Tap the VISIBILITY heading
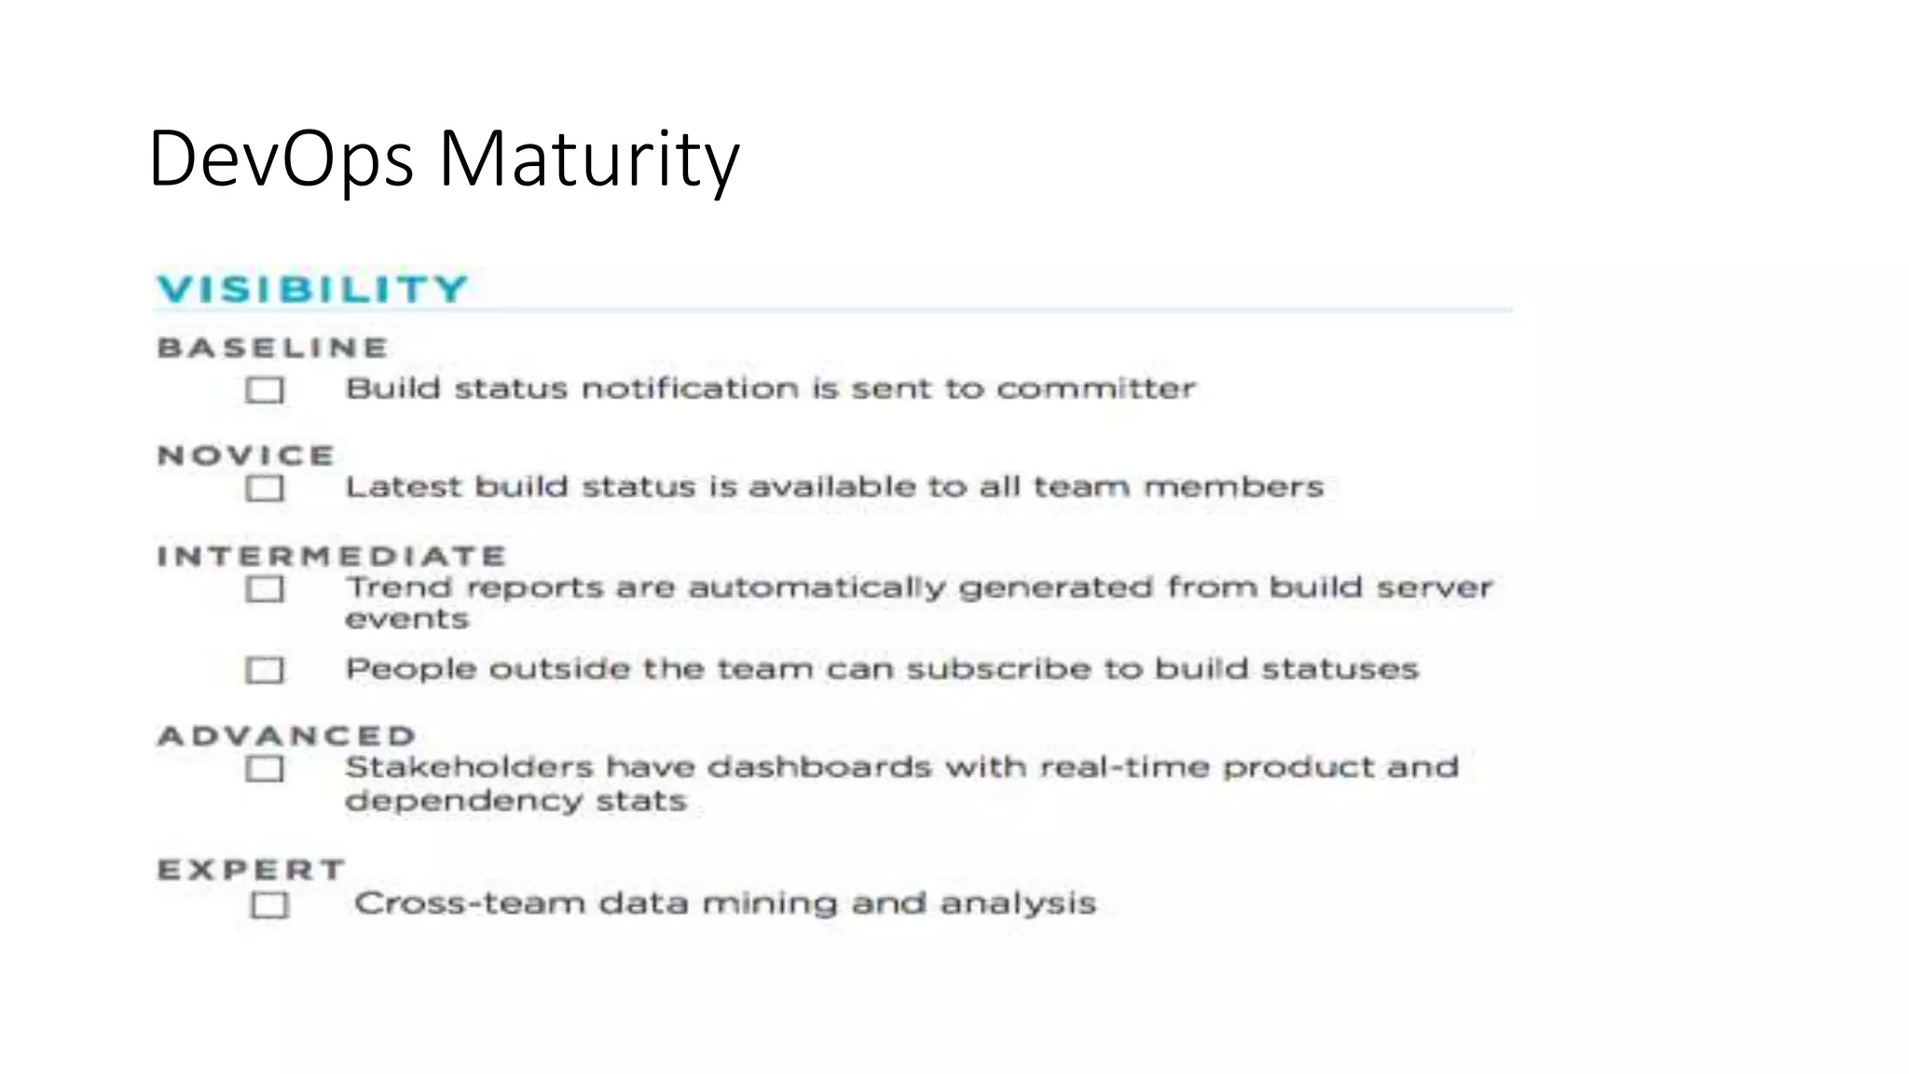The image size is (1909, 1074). (312, 289)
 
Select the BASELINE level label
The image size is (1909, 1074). (272, 348)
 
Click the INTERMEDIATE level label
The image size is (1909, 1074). (332, 557)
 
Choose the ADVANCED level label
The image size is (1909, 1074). (287, 736)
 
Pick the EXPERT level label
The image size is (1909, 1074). (252, 870)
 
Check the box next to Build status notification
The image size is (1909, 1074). (265, 390)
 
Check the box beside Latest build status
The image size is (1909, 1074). (265, 489)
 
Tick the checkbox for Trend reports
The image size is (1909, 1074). (265, 589)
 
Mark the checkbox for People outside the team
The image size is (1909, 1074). (265, 670)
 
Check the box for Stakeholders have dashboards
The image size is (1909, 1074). (265, 769)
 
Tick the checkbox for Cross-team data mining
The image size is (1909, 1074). (269, 905)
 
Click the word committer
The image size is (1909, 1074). (1095, 389)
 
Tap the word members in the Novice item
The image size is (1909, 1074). (1233, 487)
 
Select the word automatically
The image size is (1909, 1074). (817, 588)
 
